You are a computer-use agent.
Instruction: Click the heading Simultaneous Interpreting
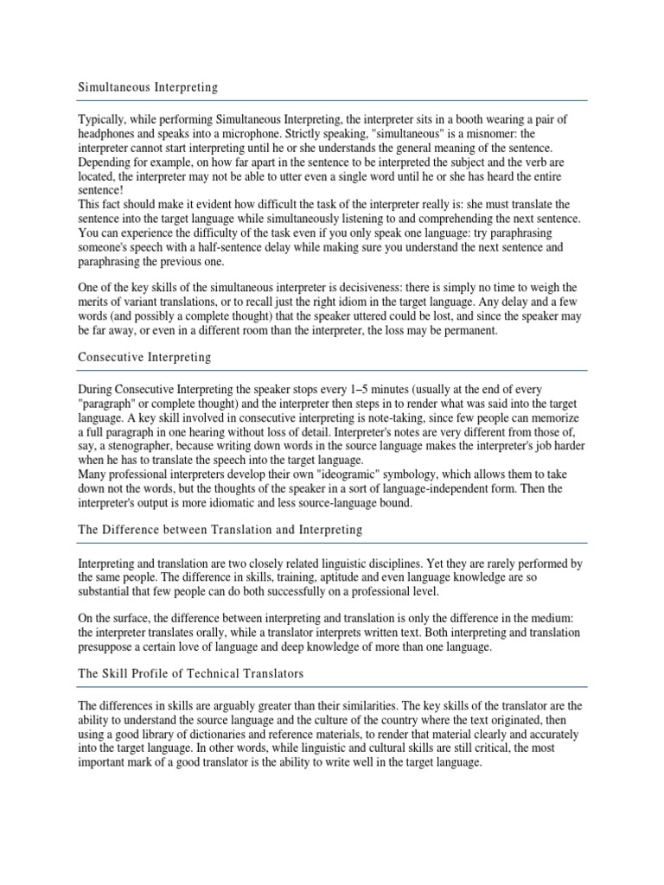click(148, 87)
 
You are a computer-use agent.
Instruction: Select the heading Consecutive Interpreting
click(145, 356)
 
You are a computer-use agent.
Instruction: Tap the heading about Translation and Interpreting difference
click(220, 529)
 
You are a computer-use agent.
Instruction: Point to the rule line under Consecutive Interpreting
click(332, 371)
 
